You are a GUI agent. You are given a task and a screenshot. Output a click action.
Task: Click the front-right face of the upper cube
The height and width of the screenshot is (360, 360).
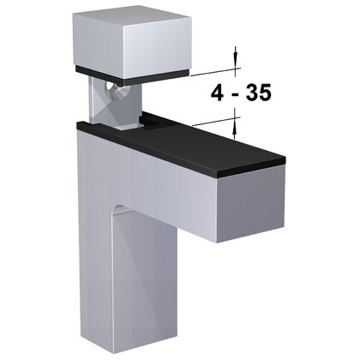tap(154, 47)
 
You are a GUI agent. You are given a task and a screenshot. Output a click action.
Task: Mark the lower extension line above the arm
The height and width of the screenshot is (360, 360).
tap(210, 123)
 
